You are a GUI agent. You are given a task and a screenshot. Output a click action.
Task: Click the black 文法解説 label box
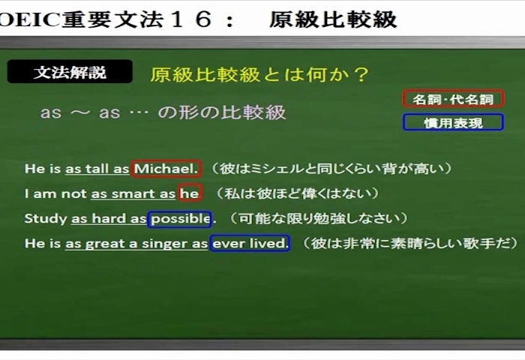click(70, 72)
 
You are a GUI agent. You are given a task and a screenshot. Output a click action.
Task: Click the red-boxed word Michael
click(166, 169)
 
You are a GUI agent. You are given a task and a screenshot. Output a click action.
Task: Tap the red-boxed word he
click(190, 193)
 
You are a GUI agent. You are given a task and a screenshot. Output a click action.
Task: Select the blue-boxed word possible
click(179, 219)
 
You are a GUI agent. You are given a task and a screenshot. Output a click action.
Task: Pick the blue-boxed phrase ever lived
click(250, 243)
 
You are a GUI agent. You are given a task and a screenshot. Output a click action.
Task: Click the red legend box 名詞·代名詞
click(453, 99)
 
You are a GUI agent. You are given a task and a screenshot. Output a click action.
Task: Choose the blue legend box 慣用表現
click(453, 122)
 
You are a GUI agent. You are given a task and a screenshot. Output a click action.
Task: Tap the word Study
click(46, 219)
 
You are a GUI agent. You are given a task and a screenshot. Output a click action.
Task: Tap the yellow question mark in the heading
click(361, 74)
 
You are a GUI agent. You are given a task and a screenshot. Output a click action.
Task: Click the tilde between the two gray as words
click(80, 112)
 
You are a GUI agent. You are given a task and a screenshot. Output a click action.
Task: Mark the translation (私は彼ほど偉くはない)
click(297, 193)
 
